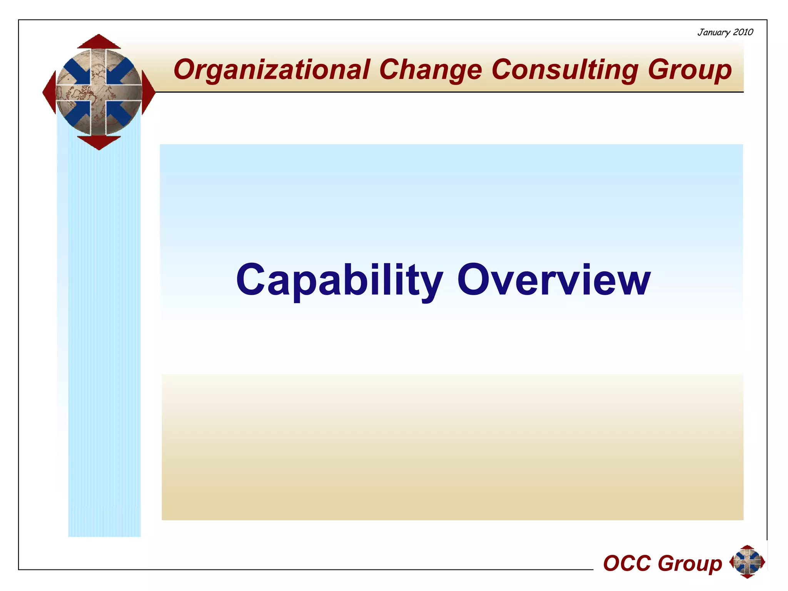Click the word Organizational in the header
(x=271, y=70)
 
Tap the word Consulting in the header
(x=564, y=70)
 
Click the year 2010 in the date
(x=743, y=32)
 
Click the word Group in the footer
(x=689, y=564)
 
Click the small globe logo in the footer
(x=747, y=562)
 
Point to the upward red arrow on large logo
(x=99, y=42)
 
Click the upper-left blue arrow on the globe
(x=77, y=71)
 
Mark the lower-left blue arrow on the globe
(x=77, y=114)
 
